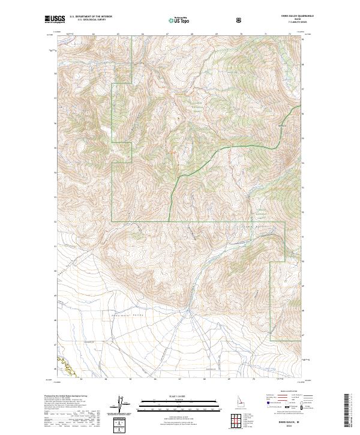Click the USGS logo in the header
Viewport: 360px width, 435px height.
pyautogui.click(x=55, y=19)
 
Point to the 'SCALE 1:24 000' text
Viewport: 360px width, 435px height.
pyautogui.click(x=171, y=396)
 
